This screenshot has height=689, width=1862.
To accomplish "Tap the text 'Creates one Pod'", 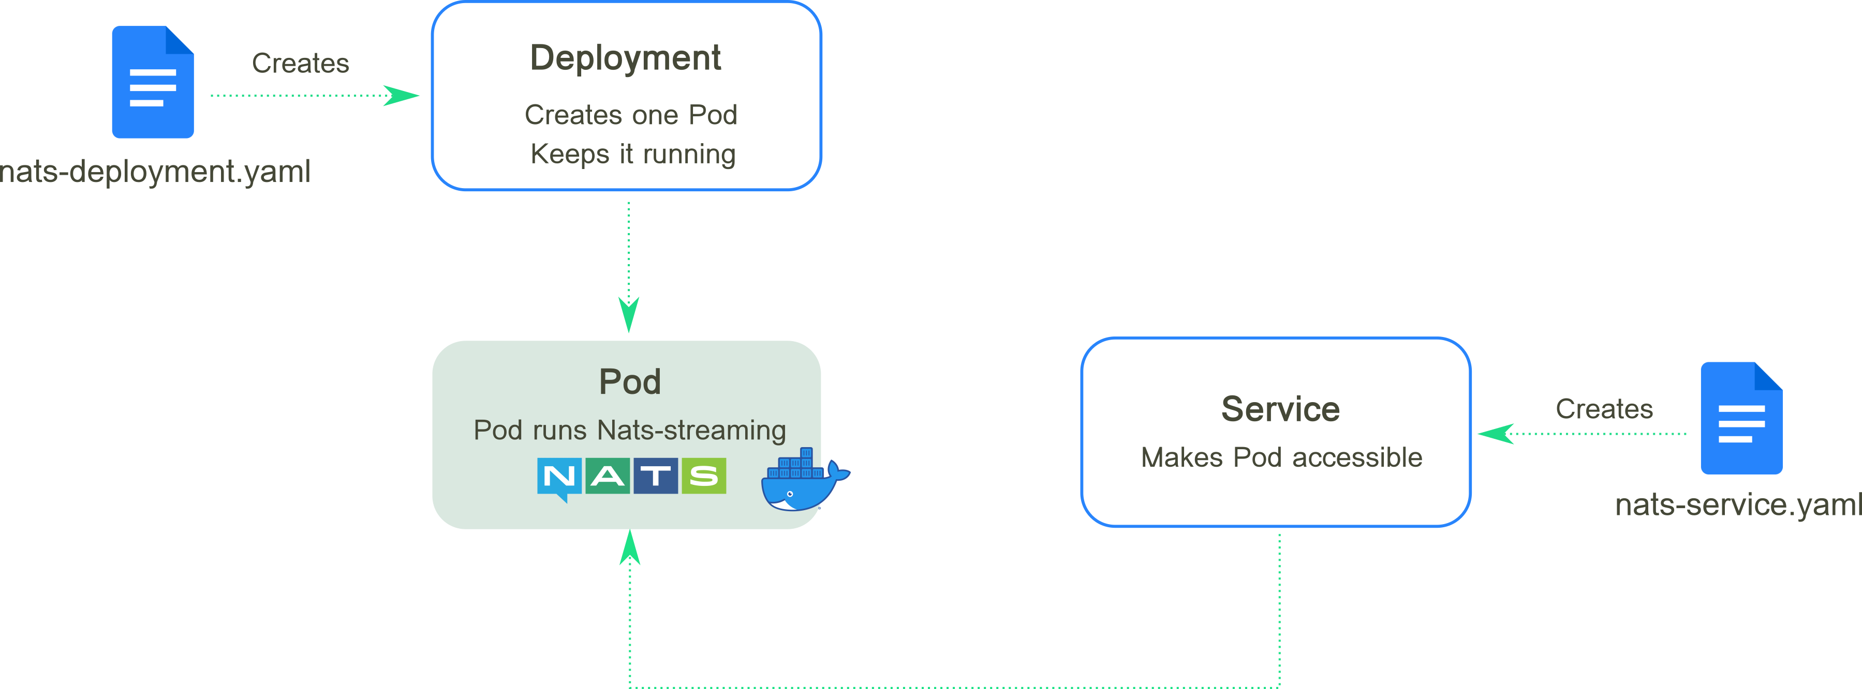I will (630, 115).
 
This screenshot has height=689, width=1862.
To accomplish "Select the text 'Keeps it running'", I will (632, 154).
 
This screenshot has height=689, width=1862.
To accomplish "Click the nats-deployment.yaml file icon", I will (153, 82).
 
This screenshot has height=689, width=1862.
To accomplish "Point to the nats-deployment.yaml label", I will (155, 172).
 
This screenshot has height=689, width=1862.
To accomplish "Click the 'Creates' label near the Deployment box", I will (300, 63).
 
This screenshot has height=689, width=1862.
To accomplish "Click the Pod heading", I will (630, 381).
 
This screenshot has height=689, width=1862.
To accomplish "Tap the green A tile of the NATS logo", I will (607, 476).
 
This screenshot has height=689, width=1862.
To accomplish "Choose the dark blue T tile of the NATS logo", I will (656, 476).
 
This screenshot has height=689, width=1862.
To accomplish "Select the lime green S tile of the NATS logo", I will (703, 476).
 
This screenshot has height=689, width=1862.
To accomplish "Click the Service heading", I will (1280, 409).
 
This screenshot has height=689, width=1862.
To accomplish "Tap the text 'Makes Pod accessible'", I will (1281, 457).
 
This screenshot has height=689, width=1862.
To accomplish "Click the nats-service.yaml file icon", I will (1741, 418).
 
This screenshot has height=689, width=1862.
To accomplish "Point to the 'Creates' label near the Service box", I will (1604, 409).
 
